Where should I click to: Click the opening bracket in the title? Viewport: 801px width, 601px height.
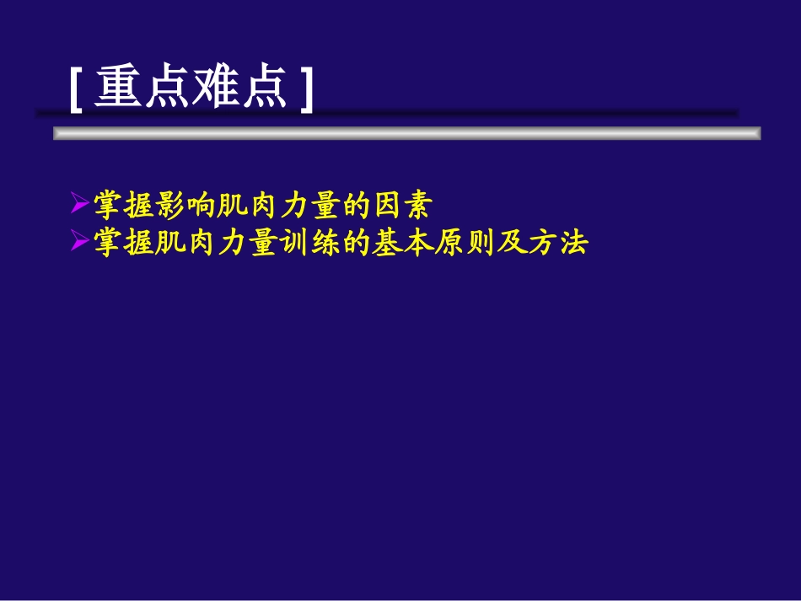[x=75, y=89]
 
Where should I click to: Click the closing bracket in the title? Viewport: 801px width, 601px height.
[x=306, y=89]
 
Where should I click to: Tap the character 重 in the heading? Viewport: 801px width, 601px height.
[x=118, y=88]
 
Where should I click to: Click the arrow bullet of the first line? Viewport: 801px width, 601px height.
[x=79, y=203]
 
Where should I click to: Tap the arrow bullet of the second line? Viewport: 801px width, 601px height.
[x=79, y=243]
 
